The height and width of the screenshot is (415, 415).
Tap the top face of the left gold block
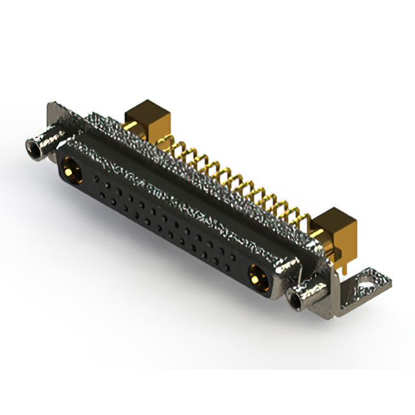[x=144, y=106]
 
